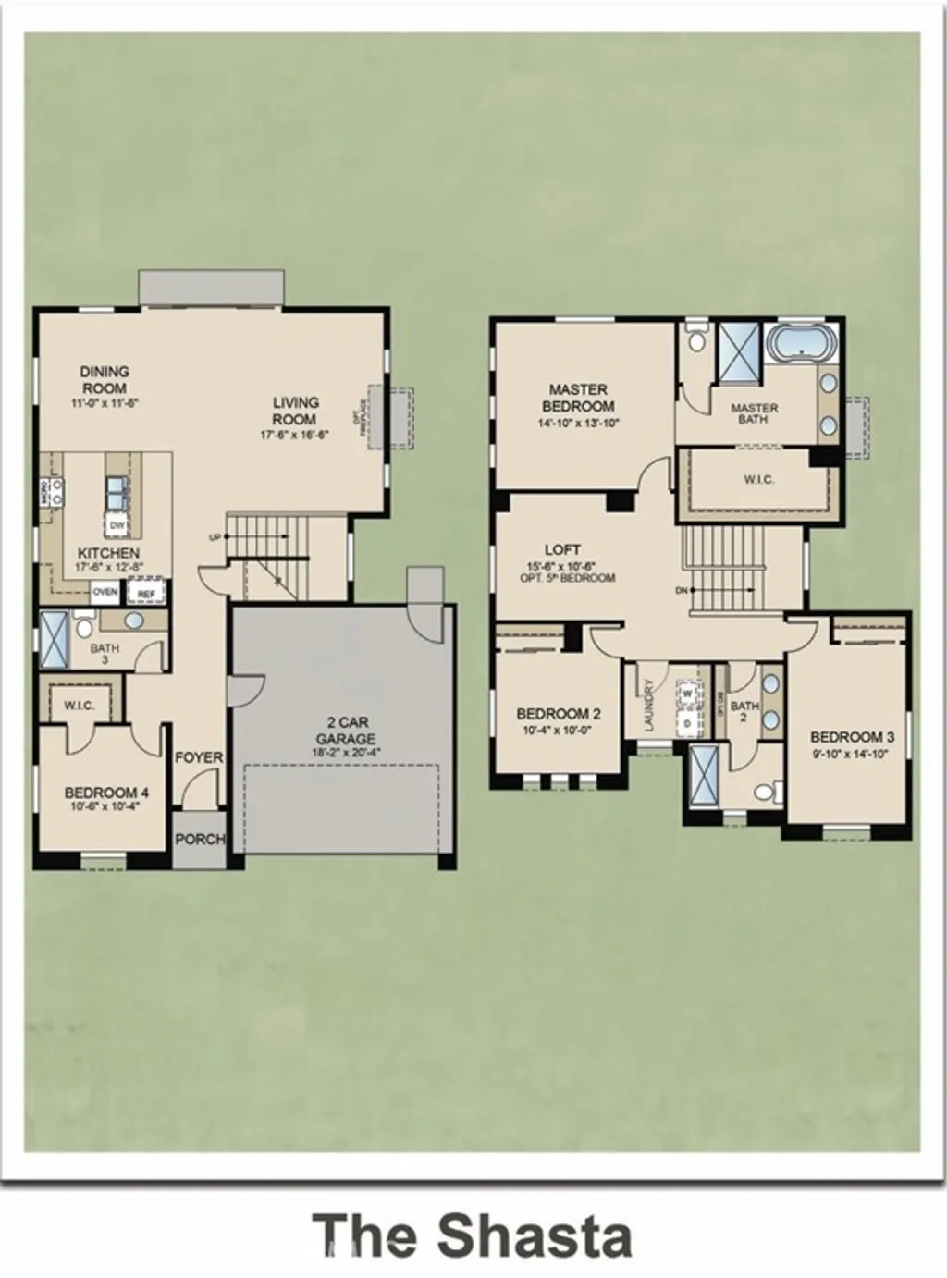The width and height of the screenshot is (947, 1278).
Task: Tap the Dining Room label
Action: point(105,379)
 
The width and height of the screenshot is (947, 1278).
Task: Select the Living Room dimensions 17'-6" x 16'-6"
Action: point(295,433)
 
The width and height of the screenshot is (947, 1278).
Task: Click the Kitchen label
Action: point(108,553)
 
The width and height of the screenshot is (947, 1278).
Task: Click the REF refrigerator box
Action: point(145,594)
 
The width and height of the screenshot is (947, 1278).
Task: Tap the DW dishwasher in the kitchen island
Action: point(117,526)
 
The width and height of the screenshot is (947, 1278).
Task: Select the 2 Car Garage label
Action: point(345,730)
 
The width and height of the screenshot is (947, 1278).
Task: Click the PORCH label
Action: point(200,839)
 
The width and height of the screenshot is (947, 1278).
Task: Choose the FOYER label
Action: point(200,757)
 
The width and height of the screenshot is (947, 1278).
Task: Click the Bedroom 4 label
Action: point(107,793)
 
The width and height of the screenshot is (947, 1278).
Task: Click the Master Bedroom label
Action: point(578,398)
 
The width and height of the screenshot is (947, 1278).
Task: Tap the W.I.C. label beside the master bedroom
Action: point(758,480)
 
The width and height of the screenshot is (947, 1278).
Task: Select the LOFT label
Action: point(562,549)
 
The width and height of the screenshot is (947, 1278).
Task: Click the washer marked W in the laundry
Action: point(688,693)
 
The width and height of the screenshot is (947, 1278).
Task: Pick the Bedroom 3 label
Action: point(852,737)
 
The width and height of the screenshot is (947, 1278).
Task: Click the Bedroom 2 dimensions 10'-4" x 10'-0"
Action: point(559,729)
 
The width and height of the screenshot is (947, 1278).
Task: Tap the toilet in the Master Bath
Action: point(697,338)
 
